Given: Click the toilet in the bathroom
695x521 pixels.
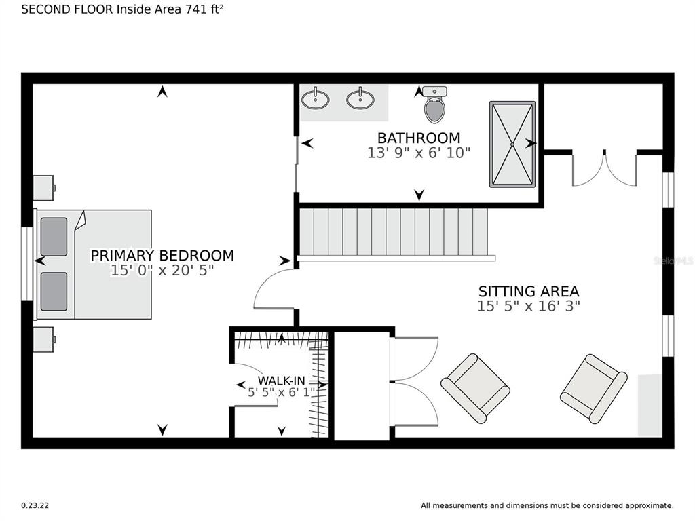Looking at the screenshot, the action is tap(434, 104).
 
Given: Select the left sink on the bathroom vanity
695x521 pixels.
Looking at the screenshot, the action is tap(315, 99).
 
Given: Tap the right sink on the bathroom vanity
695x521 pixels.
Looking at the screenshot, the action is tap(360, 99).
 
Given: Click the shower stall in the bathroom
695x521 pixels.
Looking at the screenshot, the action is tap(512, 144).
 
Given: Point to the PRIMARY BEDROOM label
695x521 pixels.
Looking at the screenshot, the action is tap(162, 256).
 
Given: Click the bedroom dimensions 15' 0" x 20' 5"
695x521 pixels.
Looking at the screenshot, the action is tap(162, 270).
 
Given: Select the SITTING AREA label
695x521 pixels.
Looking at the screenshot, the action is tap(529, 292).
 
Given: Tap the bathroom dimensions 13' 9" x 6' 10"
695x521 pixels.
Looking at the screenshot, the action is tap(419, 153).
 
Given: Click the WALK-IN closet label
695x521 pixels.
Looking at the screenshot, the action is tap(282, 381).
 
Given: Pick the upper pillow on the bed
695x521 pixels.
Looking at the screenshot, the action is tap(54, 237).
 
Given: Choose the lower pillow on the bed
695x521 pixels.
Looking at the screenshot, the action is tap(54, 292).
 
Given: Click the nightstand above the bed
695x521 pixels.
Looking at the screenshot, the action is tap(44, 188).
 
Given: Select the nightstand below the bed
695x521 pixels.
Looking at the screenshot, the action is tap(44, 340).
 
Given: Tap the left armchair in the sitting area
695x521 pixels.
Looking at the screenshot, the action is tap(475, 389).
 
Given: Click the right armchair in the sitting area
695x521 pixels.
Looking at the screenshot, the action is tap(594, 389).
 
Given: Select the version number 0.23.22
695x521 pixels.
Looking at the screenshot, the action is tap(35, 505).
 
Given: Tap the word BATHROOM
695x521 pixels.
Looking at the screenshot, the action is tap(419, 138).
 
